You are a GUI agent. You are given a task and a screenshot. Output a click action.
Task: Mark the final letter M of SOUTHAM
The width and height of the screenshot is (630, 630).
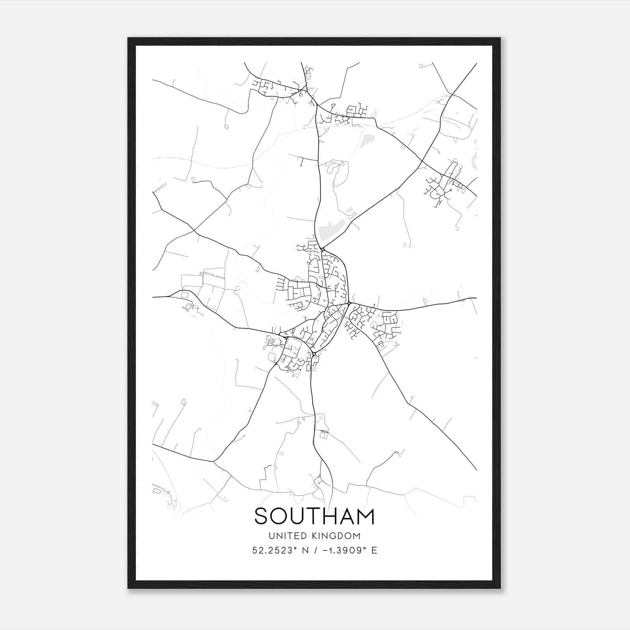point(366,516)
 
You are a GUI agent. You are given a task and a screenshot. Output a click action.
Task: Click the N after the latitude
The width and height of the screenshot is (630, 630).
point(306,550)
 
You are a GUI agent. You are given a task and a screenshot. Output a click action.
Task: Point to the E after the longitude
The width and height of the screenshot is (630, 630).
point(374,550)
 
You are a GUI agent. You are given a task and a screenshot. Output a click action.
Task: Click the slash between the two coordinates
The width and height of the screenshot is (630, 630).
point(316,550)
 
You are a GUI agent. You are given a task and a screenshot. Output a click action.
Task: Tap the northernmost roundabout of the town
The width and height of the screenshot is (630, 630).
point(322,249)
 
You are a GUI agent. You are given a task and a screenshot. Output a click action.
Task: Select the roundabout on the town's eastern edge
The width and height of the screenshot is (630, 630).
point(349,303)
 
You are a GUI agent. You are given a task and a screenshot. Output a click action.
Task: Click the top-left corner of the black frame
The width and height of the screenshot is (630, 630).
point(128,39)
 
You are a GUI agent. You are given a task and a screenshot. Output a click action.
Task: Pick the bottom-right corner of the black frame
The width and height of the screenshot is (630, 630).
point(500,588)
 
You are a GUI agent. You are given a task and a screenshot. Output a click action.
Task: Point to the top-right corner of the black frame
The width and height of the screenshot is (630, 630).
point(500,39)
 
